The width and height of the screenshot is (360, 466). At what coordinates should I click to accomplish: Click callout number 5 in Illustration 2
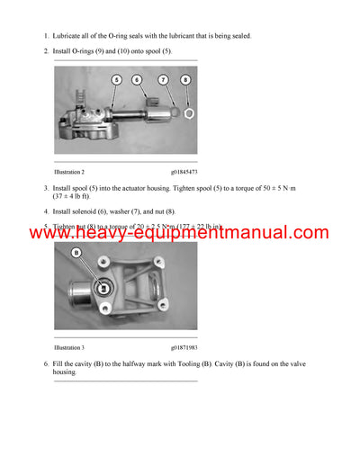click(115, 80)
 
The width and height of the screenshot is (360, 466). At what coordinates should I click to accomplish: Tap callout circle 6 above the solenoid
click(139, 80)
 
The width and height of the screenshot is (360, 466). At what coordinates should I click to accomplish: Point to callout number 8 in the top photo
click(186, 80)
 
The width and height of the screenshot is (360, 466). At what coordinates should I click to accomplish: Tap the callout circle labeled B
click(76, 254)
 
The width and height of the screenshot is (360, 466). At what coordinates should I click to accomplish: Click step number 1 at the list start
click(46, 36)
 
